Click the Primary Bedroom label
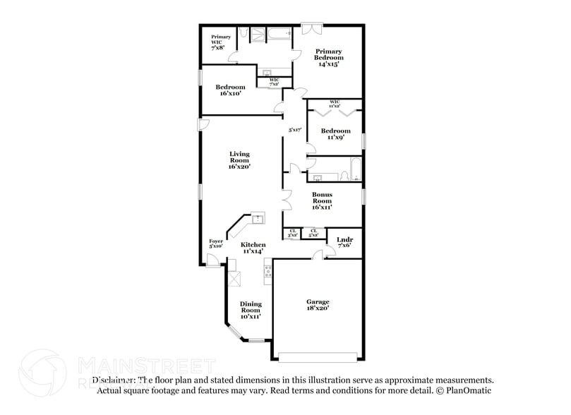coord(328,57)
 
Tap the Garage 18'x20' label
coord(318,304)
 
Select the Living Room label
coord(240,160)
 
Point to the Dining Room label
coord(251,311)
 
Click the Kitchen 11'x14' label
coord(253,248)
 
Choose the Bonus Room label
coord(323,200)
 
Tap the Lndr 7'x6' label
coord(344,242)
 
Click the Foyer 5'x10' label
coord(216,243)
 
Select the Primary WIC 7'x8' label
coord(217,42)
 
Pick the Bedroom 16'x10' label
coord(230,90)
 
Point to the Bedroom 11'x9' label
coord(335,134)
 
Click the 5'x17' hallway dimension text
coord(295,130)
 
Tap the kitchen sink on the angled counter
coord(258,218)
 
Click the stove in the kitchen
coord(268,271)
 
